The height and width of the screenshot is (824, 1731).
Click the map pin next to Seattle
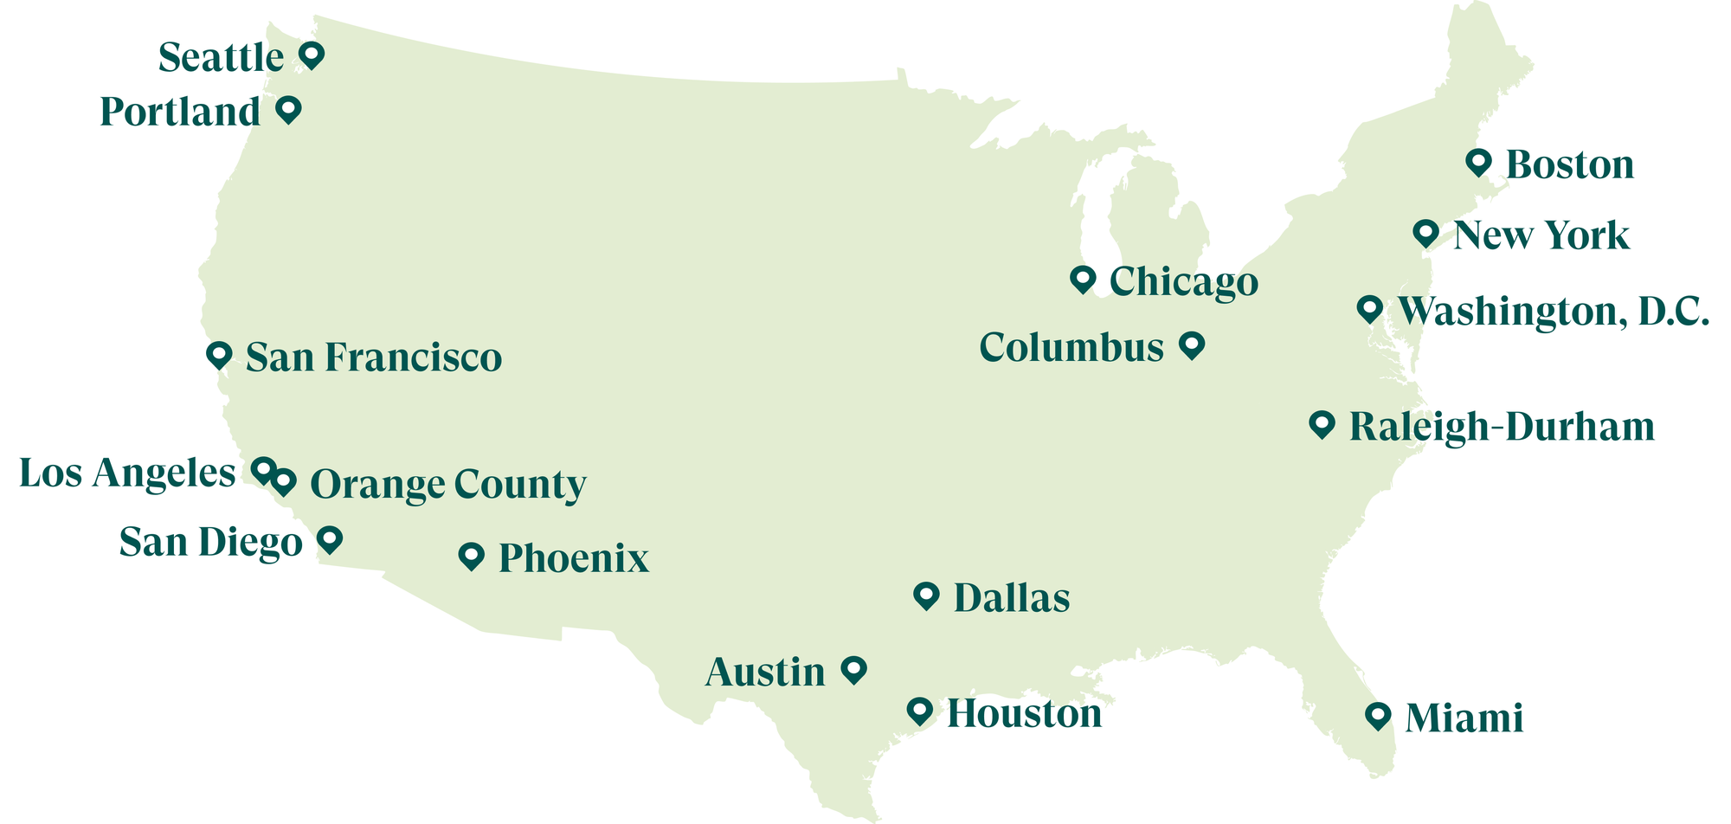click(312, 55)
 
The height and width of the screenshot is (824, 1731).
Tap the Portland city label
click(180, 113)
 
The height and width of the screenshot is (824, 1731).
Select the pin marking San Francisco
click(219, 354)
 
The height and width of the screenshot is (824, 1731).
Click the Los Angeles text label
click(127, 474)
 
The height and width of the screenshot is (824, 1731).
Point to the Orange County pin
click(284, 481)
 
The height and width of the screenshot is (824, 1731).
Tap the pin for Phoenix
click(471, 555)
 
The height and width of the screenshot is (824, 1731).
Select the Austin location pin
click(854, 668)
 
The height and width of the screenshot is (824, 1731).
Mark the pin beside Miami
click(1378, 715)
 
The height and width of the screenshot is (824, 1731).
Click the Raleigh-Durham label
click(1502, 428)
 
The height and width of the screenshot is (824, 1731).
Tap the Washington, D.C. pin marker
click(1369, 307)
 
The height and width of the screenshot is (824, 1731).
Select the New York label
click(1541, 235)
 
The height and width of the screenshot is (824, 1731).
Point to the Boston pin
click(1478, 161)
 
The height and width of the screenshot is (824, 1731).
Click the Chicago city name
click(1183, 282)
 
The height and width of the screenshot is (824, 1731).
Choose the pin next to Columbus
click(1192, 344)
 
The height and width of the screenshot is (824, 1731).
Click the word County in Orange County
click(519, 485)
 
